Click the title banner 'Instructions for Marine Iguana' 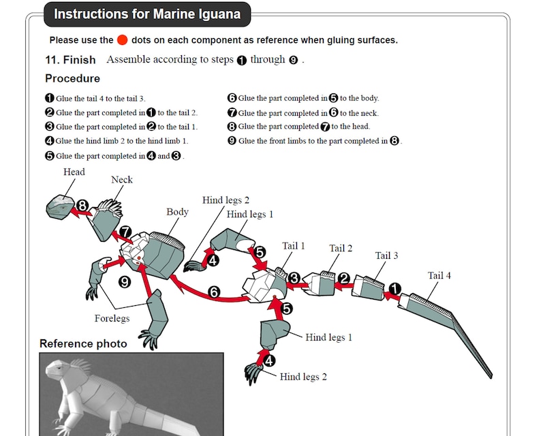146,14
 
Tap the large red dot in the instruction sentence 123,40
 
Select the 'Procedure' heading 72,78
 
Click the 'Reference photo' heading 83,343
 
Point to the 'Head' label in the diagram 74,172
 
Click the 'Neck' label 122,180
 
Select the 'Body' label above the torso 177,212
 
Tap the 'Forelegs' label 112,318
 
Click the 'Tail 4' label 439,275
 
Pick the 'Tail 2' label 341,248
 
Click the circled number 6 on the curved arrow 214,292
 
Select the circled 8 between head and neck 82,205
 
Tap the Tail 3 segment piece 371,286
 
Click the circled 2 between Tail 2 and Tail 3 345,278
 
